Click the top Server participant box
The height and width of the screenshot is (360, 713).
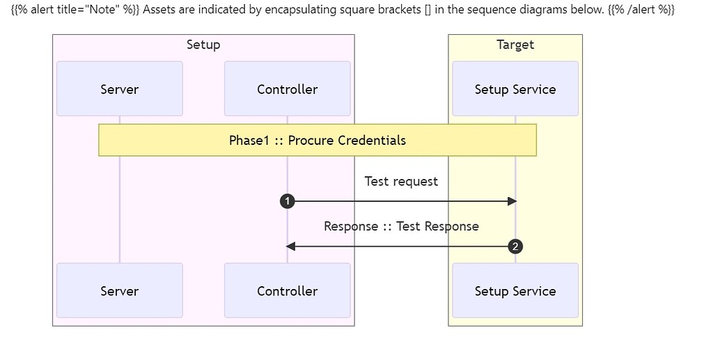point(120,88)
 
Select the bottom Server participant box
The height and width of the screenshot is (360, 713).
point(120,290)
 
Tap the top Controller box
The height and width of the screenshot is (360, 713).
point(288,88)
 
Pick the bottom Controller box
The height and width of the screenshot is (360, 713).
point(288,290)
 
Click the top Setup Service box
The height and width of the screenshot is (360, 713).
point(515,88)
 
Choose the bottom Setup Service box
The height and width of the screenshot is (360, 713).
point(515,290)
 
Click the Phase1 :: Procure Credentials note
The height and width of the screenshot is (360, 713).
point(318,140)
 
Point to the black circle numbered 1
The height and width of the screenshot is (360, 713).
point(288,201)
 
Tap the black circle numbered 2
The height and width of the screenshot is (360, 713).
point(515,246)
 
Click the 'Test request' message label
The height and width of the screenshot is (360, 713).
point(402,181)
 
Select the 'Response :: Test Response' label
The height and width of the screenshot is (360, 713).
point(402,226)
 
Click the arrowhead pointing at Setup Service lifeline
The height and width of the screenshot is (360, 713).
point(512,201)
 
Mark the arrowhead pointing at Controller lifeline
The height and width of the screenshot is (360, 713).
point(290,246)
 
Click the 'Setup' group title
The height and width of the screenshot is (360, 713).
point(203,45)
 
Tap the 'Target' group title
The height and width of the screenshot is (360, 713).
point(515,45)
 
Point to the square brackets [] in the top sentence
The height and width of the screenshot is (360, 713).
point(428,10)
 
